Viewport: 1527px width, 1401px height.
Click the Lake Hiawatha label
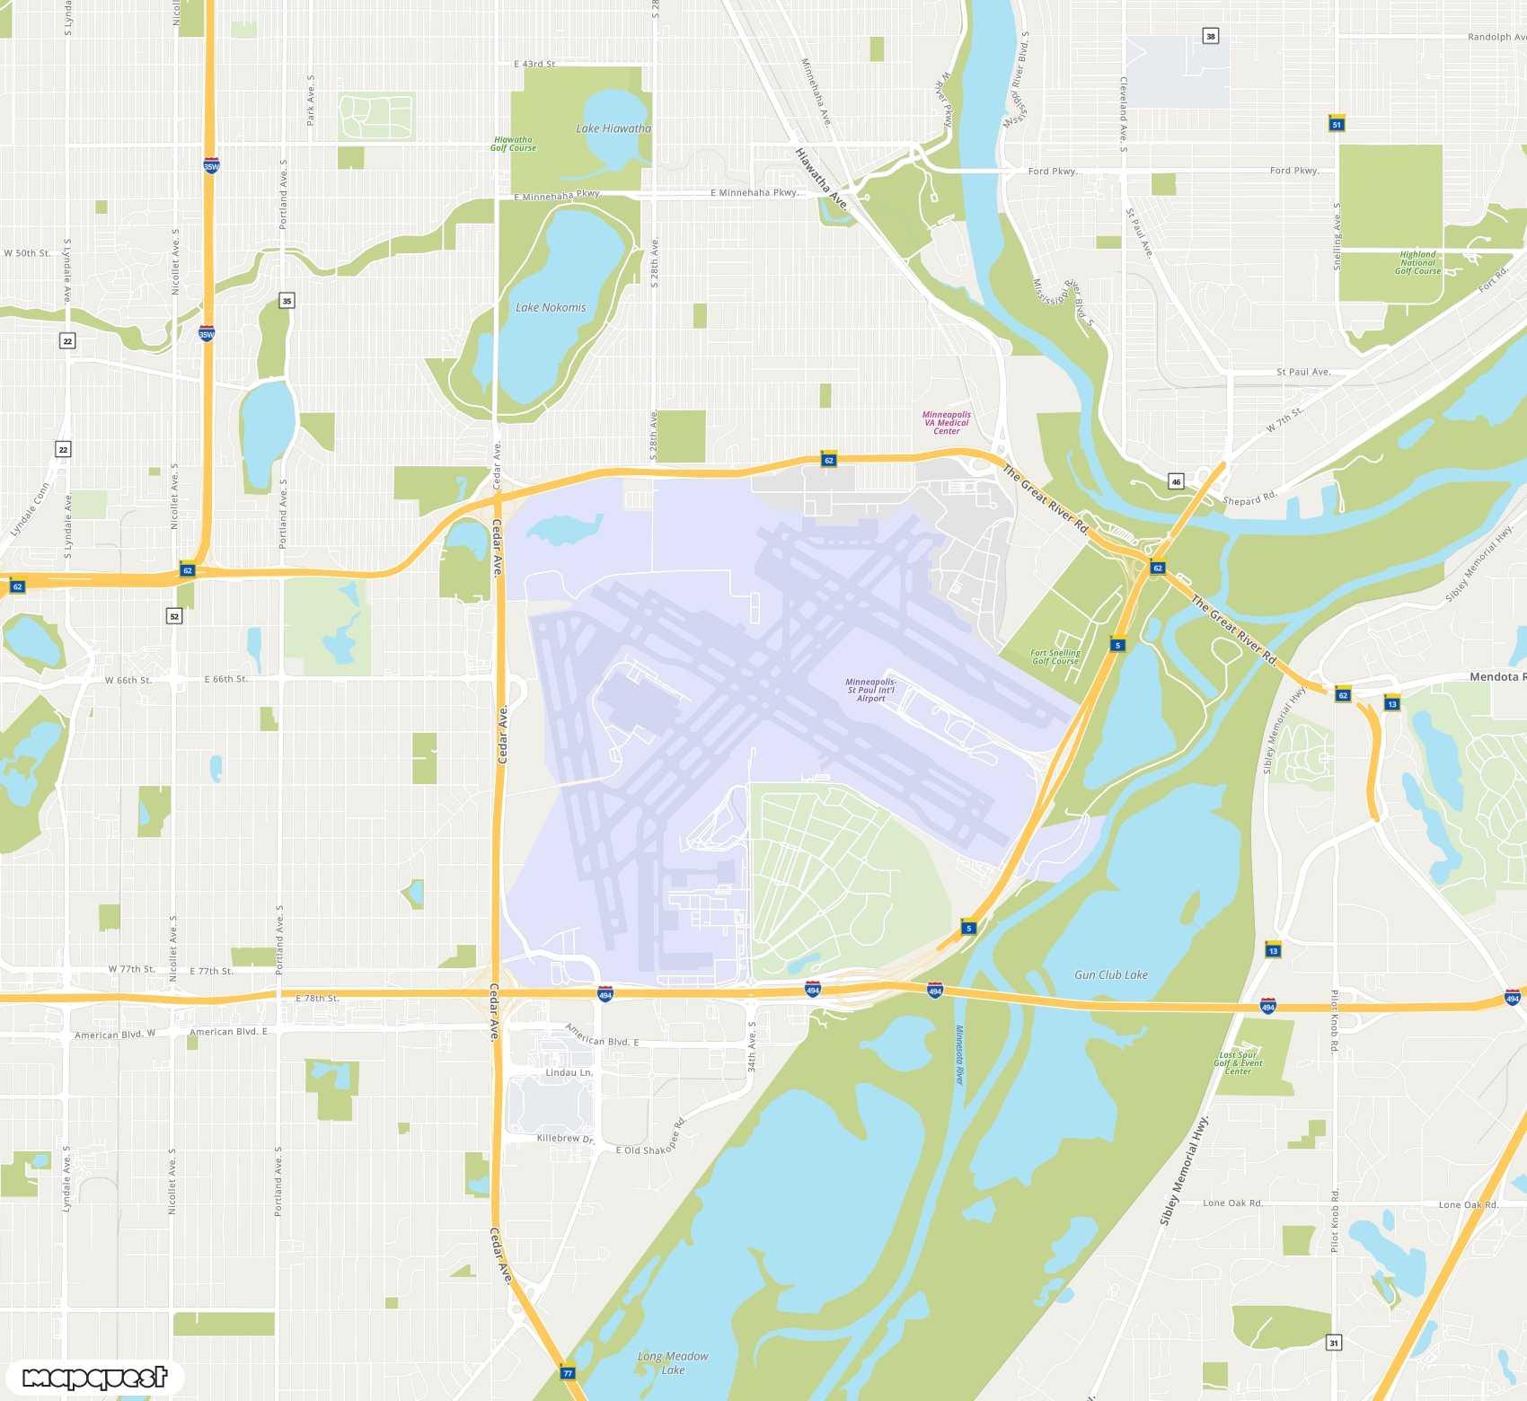(613, 128)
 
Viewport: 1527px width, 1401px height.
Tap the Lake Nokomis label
(551, 307)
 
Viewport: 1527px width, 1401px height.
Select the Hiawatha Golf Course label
(513, 144)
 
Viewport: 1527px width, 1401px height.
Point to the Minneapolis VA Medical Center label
(947, 423)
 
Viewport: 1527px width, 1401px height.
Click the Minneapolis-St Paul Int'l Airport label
(870, 690)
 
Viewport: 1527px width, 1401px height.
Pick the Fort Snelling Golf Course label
(1055, 657)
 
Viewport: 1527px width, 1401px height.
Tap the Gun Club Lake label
(1111, 974)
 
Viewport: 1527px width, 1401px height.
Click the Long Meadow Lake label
(673, 1362)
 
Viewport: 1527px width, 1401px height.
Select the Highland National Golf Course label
(1417, 262)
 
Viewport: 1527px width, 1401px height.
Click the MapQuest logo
(95, 1377)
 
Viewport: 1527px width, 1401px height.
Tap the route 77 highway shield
(567, 1372)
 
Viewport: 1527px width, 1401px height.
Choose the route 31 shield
(1334, 1343)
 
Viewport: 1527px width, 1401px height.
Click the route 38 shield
(1211, 36)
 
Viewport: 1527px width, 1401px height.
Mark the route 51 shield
(1337, 124)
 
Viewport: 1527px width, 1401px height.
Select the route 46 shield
(1176, 481)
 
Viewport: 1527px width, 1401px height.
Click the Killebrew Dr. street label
(565, 1138)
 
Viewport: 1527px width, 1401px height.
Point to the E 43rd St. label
(534, 64)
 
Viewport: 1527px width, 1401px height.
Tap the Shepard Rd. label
(1249, 499)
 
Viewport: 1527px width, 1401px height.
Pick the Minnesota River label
(959, 1054)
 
